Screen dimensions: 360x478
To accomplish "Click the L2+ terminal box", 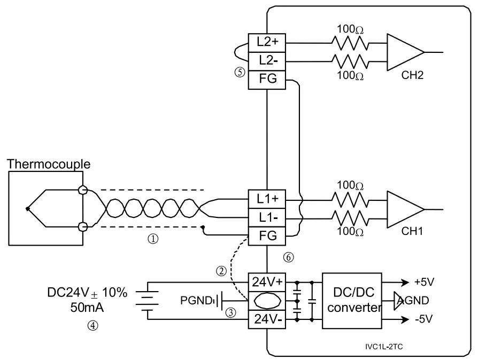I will (x=266, y=41).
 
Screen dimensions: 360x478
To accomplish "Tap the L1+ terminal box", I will (x=266, y=199).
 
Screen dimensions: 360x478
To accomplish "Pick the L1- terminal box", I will (x=266, y=218).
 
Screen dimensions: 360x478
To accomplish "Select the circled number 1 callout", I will (x=153, y=240).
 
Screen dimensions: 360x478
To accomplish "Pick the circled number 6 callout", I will (x=288, y=257).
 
